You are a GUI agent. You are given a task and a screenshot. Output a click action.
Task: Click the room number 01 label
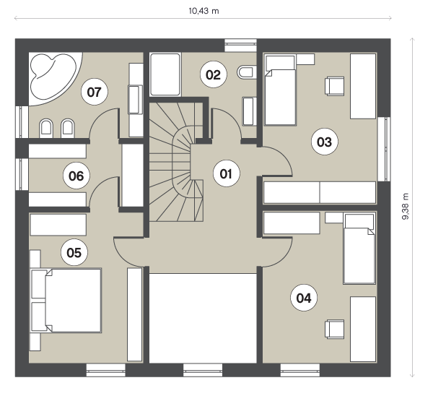pos(226,173)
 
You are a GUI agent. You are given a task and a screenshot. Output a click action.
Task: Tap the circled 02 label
pos(214,74)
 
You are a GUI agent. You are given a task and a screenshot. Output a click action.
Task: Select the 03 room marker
pos(324,142)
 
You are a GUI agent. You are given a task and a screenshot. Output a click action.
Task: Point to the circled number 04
pos(304,298)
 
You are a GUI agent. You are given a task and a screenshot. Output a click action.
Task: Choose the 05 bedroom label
pos(74,252)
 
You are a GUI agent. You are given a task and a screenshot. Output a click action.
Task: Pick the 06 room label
pos(76,176)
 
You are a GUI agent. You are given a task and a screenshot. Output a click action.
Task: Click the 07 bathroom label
pos(95,92)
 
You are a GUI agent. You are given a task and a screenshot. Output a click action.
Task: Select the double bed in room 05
pos(66,301)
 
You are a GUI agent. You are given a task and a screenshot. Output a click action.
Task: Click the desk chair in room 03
pos(334,86)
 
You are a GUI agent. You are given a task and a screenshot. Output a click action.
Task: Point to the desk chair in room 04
pos(334,329)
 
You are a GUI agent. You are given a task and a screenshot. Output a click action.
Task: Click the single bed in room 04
pos(359,249)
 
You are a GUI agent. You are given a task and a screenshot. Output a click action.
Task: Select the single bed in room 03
pos(280,90)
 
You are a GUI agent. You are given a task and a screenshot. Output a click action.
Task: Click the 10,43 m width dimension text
pos(204,11)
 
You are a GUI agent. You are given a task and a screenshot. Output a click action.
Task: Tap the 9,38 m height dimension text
pos(406,206)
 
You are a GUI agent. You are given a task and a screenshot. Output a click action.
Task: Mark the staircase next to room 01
pos(177,162)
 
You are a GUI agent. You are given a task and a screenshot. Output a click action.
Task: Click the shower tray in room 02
pos(165,74)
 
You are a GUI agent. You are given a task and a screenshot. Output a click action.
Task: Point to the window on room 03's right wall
pos(384,149)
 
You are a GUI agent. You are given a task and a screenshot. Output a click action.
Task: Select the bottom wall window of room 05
pos(106,370)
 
